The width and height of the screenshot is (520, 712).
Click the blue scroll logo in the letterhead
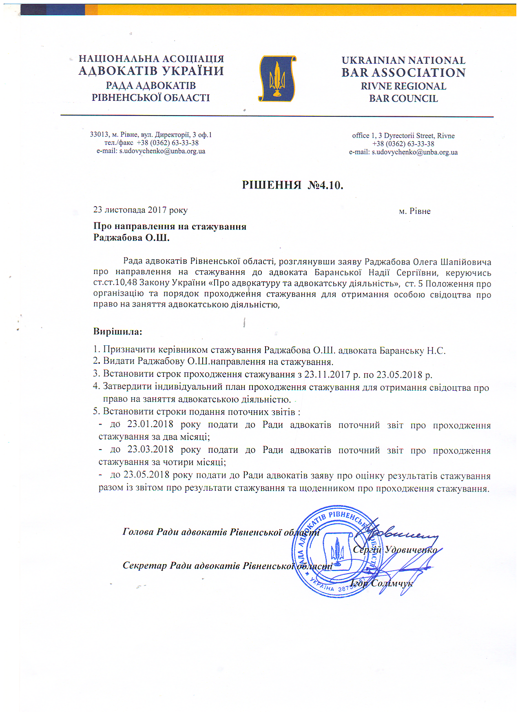point(277,78)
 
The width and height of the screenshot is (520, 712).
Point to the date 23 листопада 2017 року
point(140,210)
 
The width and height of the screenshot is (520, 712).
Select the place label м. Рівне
point(414,211)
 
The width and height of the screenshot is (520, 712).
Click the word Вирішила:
point(117,331)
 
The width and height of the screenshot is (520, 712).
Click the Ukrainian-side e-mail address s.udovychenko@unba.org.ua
point(162,151)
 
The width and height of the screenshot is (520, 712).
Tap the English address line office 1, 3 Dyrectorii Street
point(403,136)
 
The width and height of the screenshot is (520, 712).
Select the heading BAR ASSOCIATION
point(403,73)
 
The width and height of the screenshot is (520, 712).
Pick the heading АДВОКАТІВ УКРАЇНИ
point(151,71)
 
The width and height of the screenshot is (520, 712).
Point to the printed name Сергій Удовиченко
point(395,550)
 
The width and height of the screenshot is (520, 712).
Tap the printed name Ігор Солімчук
point(381,583)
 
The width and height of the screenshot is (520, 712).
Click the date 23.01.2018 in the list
point(150,424)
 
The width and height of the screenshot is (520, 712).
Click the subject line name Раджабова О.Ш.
point(131,238)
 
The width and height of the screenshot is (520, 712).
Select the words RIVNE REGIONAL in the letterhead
point(403,86)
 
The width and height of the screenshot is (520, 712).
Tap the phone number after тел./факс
point(168,143)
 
